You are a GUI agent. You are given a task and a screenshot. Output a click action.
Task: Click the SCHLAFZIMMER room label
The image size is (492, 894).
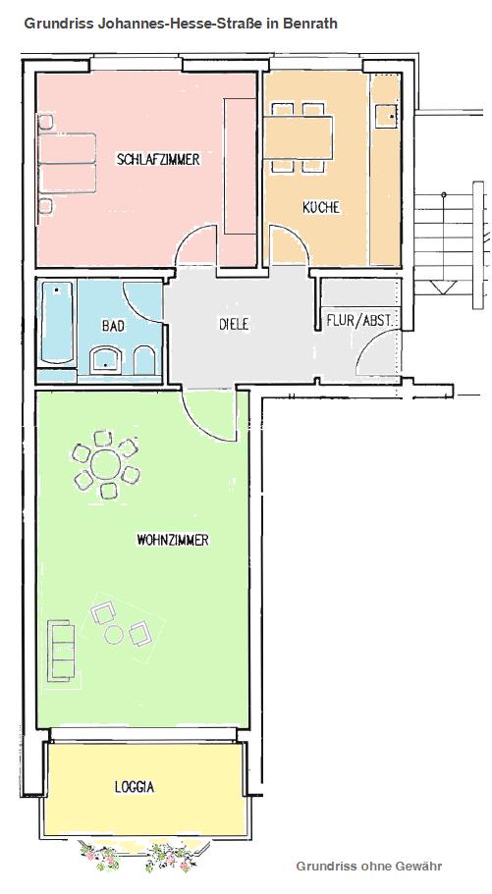pos(158,159)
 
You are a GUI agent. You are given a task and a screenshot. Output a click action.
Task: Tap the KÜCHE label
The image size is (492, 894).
pos(321,207)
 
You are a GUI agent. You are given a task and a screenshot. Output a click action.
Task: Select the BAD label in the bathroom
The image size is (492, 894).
pos(114,326)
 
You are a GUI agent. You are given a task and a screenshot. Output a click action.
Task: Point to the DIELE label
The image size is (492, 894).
pos(234,325)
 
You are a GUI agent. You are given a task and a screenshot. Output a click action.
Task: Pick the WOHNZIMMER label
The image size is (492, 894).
pos(173,540)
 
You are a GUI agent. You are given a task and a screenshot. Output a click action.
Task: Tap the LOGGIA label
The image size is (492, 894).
pos(135,787)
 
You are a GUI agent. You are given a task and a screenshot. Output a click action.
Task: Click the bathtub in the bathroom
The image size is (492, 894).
pos(57,322)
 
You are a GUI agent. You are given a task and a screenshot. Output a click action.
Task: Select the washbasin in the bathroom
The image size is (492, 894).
pos(106,360)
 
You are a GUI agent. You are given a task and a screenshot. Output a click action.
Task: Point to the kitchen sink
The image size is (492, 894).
pos(385,117)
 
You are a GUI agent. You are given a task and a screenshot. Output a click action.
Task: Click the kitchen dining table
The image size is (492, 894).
pos(298,137)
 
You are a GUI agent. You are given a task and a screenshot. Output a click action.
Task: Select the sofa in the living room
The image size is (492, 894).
pos(61,651)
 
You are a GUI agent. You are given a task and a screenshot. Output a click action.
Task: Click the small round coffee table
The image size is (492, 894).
pos(114,635)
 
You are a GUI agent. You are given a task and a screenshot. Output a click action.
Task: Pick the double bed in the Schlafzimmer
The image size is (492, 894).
pos(68,164)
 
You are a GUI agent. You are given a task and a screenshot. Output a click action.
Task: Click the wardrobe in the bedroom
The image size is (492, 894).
pos(240,166)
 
